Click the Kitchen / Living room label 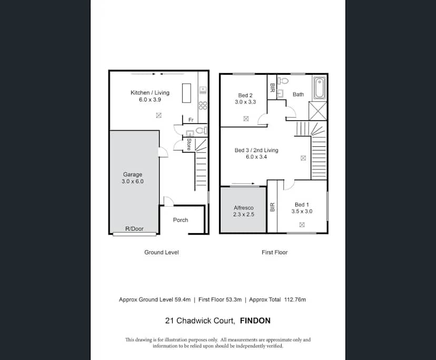click(x=150, y=93)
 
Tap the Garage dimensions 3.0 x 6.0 click(x=133, y=182)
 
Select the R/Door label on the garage click(x=134, y=229)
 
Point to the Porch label click(x=181, y=220)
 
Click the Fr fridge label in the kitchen click(x=191, y=120)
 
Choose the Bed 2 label click(x=245, y=95)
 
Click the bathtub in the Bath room click(x=319, y=88)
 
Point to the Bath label click(x=298, y=95)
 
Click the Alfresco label click(x=244, y=208)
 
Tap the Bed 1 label click(x=302, y=205)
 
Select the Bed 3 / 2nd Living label click(x=256, y=151)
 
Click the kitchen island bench click(x=186, y=94)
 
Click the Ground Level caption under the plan click(x=162, y=253)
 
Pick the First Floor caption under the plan click(x=274, y=253)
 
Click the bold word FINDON click(x=255, y=321)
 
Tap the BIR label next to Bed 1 click(x=272, y=207)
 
